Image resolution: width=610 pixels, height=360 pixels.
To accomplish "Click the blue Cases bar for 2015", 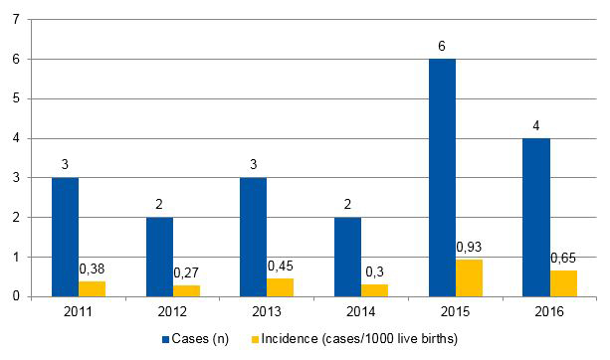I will point(443,177).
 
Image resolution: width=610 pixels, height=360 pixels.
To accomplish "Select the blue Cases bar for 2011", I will point(65,237).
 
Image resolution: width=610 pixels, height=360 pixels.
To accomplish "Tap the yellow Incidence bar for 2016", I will point(563,283).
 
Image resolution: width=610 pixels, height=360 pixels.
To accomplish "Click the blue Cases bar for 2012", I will point(159,257).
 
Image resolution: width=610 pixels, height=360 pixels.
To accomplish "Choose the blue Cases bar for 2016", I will point(537,217).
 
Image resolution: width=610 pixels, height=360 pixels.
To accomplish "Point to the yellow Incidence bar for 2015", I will point(469,277).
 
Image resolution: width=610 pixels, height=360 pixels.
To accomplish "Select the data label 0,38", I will point(93,268).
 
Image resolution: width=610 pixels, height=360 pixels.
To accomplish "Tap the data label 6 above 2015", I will point(444,47).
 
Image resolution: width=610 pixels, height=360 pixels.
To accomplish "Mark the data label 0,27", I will point(187,272).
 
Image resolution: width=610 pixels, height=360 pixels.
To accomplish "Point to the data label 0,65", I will point(564,258).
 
